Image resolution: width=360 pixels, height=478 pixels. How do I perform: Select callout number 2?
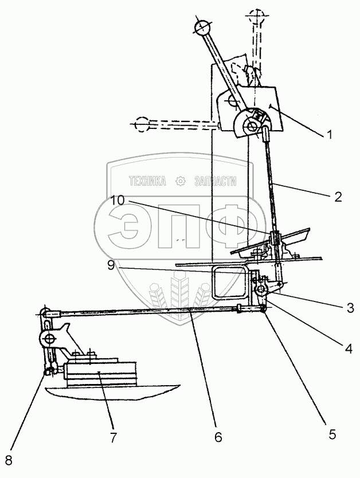[x=338, y=197]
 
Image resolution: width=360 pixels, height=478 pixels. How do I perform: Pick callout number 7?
[x=112, y=437]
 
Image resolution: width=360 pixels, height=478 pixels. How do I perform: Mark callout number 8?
[x=7, y=461]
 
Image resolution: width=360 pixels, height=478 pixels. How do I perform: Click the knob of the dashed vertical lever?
[x=255, y=15]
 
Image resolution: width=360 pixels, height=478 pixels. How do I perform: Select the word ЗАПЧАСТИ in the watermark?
[x=216, y=182]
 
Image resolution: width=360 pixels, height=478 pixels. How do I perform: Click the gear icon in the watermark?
[x=181, y=182]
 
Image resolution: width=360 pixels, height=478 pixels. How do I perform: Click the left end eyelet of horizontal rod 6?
[x=43, y=314]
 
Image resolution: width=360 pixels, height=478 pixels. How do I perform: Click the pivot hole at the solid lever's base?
[x=251, y=124]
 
